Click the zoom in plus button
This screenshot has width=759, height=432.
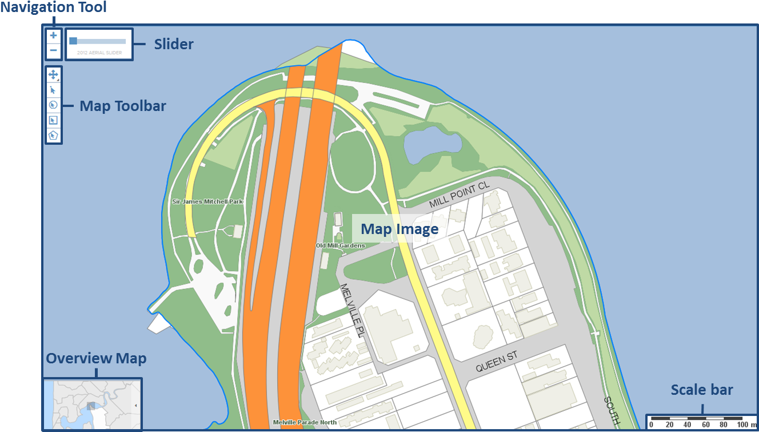(53, 35)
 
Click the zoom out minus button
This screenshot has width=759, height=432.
(53, 51)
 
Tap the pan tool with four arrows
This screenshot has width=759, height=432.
(53, 75)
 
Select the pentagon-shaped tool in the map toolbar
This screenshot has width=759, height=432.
(53, 136)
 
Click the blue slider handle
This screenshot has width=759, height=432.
(73, 41)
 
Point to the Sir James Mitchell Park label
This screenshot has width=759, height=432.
(207, 201)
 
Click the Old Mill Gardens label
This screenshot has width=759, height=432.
(340, 245)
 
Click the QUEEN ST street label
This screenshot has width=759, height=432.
(497, 362)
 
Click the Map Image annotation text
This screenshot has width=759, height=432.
(400, 229)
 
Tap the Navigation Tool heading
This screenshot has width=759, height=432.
(53, 7)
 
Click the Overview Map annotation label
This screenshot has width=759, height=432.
(96, 359)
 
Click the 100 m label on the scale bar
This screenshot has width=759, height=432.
(742, 425)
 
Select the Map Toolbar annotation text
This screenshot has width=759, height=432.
(123, 106)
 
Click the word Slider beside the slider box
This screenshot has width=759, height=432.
(174, 44)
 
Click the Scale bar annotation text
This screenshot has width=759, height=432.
(702, 390)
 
